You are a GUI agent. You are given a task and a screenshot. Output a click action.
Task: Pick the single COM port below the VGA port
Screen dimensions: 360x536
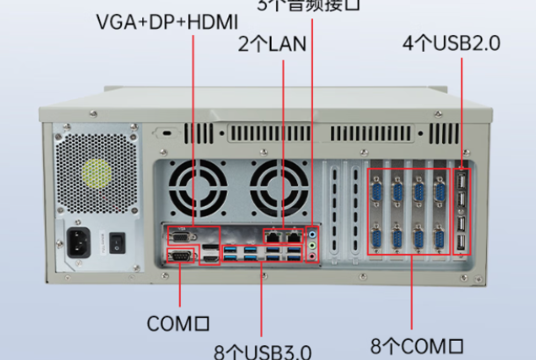click(181, 256)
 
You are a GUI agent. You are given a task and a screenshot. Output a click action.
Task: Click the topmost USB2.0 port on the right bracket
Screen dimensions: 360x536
click(461, 184)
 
